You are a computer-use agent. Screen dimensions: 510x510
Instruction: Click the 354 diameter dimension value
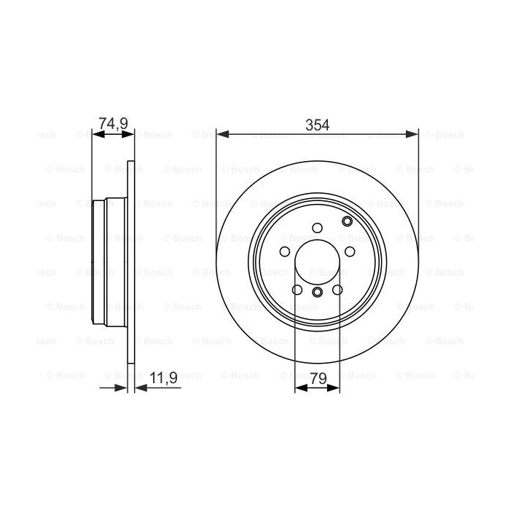pyautogui.click(x=317, y=125)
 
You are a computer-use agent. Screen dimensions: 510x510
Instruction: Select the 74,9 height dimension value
pyautogui.click(x=113, y=124)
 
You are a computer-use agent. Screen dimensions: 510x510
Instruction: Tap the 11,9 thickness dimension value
pyautogui.click(x=164, y=378)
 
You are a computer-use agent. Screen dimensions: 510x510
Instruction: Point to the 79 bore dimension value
pyautogui.click(x=318, y=379)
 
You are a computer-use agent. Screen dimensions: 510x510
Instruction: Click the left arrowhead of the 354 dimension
pyautogui.click(x=223, y=133)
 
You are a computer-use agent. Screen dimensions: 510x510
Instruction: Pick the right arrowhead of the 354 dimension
pyautogui.click(x=412, y=133)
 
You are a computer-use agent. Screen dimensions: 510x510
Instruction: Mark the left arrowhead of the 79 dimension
pyautogui.click(x=301, y=388)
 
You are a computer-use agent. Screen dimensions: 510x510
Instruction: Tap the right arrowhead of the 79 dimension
pyautogui.click(x=334, y=388)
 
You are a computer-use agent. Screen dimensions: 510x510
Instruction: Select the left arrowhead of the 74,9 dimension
pyautogui.click(x=98, y=134)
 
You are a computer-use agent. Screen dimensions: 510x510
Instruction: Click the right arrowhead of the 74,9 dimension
pyautogui.click(x=127, y=134)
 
